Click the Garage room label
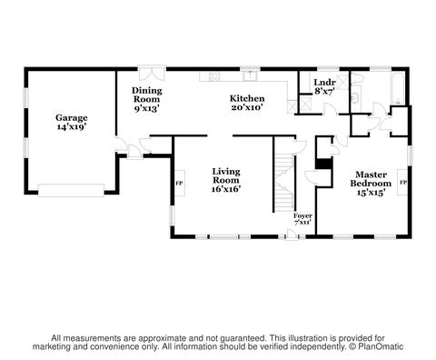coord(72,117)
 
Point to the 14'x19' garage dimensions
coord(72,126)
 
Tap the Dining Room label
coord(147,95)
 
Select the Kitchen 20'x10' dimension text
coord(247,107)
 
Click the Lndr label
coord(324,82)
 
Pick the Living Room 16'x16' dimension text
coord(226,189)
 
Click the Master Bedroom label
coord(371,179)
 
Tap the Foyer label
coord(302,215)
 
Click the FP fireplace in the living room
coord(180,183)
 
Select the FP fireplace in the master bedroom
coord(402,182)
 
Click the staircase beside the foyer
coord(284,183)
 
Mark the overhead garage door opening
coord(71,190)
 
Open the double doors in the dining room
coord(153,74)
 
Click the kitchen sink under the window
coord(251,75)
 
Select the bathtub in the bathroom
coord(398,88)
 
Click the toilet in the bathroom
coord(356,78)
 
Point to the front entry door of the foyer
coord(292,235)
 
